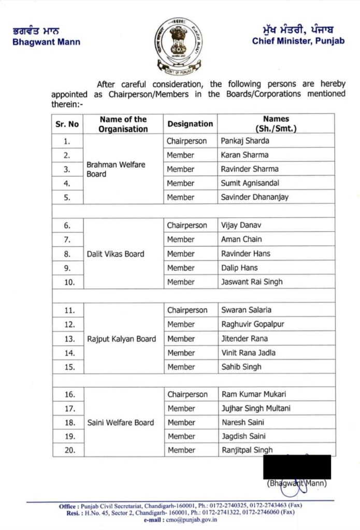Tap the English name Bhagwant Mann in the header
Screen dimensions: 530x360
pyautogui.click(x=47, y=42)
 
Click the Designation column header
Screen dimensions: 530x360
pyautogui.click(x=190, y=124)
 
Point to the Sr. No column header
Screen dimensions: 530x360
pyautogui.click(x=67, y=124)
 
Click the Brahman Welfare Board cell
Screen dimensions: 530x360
pyautogui.click(x=116, y=169)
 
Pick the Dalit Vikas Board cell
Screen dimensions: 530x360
pyautogui.click(x=116, y=254)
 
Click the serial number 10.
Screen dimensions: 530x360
pyautogui.click(x=70, y=283)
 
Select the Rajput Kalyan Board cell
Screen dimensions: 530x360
pyautogui.click(x=121, y=339)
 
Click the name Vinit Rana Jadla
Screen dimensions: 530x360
pyautogui.click(x=248, y=353)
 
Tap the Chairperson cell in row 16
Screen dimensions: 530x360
pyautogui.click(x=187, y=394)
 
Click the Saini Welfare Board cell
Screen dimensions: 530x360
pyautogui.click(x=120, y=422)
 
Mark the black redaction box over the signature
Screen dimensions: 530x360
pyautogui.click(x=297, y=467)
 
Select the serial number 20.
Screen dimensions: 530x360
pyautogui.click(x=70, y=450)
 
